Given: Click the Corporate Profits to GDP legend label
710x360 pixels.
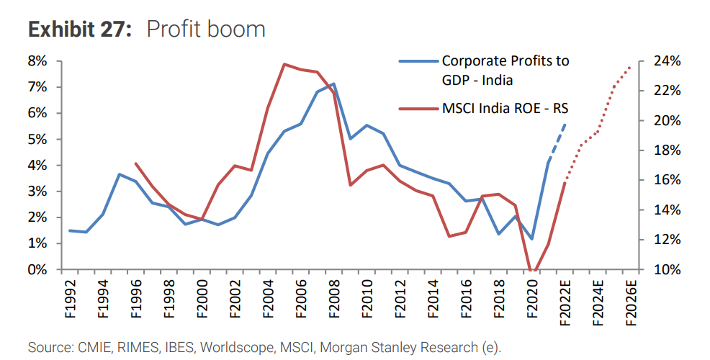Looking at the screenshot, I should point(505,70).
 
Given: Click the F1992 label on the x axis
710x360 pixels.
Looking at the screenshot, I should point(71,299).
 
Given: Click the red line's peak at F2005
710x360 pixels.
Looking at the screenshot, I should point(284,64).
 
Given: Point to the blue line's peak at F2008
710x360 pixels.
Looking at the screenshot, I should point(333,84).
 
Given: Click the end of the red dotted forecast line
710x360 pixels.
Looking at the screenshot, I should point(631,66).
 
